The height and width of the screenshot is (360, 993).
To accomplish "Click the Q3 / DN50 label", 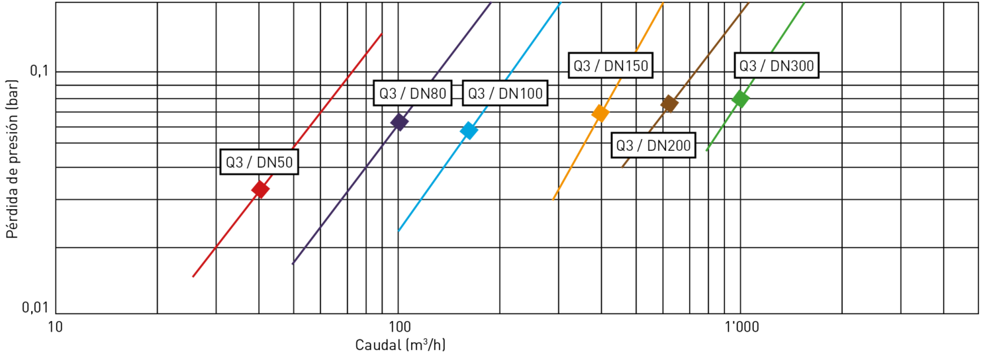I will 259,163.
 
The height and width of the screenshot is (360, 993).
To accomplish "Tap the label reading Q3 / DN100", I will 505,93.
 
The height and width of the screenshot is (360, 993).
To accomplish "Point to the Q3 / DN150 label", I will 610,66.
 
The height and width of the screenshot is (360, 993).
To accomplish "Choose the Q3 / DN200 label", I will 653,146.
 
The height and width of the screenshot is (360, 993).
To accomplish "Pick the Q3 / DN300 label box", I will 776,66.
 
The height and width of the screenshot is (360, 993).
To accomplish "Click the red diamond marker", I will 261,190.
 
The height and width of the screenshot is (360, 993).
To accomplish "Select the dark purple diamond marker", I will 399,122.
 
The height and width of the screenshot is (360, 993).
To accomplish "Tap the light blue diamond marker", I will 469,131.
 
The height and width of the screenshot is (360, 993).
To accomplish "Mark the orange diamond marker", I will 600,113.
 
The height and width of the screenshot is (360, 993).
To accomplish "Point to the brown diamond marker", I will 670,104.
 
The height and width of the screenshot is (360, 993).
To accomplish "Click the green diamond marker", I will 740,99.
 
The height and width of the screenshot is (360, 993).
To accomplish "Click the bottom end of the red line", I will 193,277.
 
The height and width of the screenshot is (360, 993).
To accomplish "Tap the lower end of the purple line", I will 293,265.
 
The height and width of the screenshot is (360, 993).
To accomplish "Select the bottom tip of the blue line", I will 399,232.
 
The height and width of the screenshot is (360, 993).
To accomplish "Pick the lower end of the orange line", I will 553,200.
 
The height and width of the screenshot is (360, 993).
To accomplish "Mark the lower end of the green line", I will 706,151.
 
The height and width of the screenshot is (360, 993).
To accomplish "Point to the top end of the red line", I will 382,33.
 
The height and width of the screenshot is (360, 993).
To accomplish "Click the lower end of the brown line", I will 622,167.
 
